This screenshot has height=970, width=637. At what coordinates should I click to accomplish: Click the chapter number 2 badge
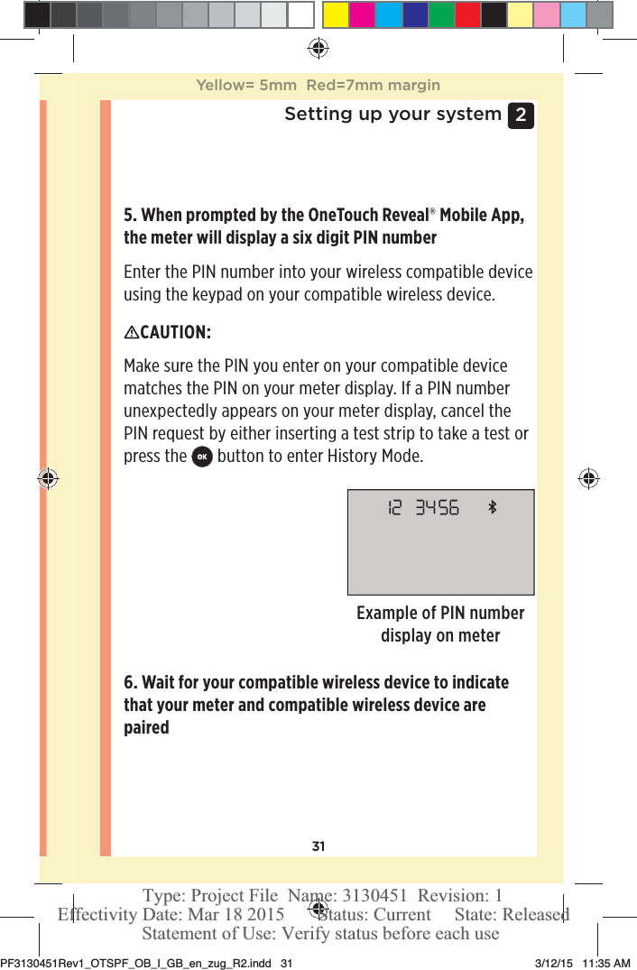tap(521, 115)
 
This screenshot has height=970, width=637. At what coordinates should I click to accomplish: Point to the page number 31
tap(318, 846)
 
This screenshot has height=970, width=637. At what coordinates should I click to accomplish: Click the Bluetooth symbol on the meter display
tap(493, 508)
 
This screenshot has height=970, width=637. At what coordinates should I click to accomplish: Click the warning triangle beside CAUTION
tap(131, 333)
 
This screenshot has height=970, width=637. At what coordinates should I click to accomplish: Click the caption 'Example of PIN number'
tap(440, 614)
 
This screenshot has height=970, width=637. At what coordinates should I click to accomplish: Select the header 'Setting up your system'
tap(392, 115)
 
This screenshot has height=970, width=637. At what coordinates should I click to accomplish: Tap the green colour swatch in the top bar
tap(441, 14)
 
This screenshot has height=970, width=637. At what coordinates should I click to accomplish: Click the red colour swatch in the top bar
tap(467, 14)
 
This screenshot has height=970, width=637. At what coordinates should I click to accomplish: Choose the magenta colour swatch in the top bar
tap(363, 14)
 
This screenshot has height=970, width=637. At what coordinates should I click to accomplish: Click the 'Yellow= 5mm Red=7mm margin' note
tap(318, 86)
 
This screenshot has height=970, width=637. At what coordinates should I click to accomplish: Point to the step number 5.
tap(130, 216)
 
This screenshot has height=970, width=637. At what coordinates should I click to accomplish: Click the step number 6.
tap(130, 682)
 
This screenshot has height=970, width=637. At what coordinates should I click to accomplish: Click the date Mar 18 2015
tap(233, 915)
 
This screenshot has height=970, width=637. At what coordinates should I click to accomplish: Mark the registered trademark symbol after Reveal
tap(431, 213)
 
